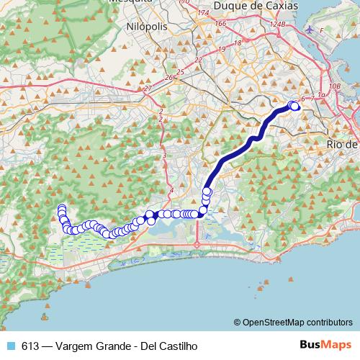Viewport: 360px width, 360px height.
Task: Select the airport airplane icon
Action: (x=310, y=30)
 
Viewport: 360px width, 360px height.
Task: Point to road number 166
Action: (x=220, y=24)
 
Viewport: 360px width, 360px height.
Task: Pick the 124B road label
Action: (x=278, y=25)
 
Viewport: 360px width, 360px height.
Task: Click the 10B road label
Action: (x=333, y=86)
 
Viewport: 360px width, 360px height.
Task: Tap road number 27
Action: (x=148, y=89)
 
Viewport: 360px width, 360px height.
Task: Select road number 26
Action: (x=169, y=77)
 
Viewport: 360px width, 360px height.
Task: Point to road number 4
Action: (x=171, y=190)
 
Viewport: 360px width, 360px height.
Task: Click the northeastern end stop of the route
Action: (x=294, y=107)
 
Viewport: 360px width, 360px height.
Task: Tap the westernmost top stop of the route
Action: (x=61, y=209)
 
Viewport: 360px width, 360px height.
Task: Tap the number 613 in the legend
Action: (x=31, y=346)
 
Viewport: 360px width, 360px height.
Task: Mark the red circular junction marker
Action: (x=197, y=245)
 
